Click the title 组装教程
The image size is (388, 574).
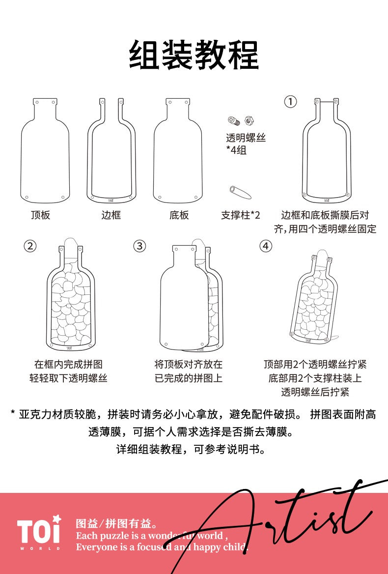pyautogui.click(x=194, y=55)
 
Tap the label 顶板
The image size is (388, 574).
pyautogui.click(x=40, y=215)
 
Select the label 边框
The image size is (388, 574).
pyautogui.click(x=111, y=215)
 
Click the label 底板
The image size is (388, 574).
pyautogui.click(x=179, y=215)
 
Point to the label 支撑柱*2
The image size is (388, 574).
pyautogui.click(x=240, y=215)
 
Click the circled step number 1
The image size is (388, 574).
pyautogui.click(x=290, y=101)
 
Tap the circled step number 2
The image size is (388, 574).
pyautogui.click(x=30, y=246)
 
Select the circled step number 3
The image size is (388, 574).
pyautogui.click(x=139, y=246)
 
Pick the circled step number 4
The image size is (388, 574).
pyautogui.click(x=266, y=246)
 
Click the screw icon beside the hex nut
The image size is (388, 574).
pyautogui.click(x=233, y=120)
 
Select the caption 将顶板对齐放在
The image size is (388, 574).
pyautogui.click(x=188, y=364)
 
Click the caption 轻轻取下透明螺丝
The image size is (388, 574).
pyautogui.click(x=68, y=378)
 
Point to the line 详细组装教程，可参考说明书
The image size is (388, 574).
pyautogui.click(x=191, y=449)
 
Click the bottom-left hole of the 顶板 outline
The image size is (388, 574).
pyautogui.click(x=27, y=198)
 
